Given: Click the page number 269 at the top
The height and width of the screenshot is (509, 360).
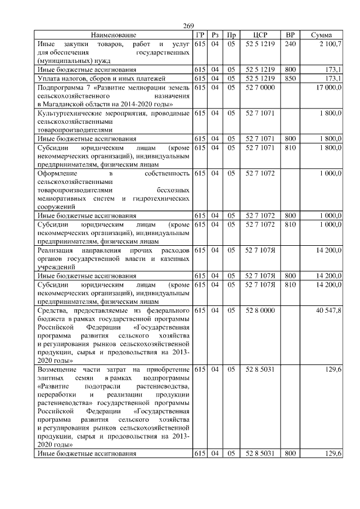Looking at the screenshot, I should coord(188,26).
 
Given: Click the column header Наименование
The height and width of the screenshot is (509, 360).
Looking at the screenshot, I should coord(113,35).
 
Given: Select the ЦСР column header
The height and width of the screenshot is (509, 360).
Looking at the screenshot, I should coord(260,35).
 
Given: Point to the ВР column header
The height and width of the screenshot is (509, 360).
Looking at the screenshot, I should coord(290,35).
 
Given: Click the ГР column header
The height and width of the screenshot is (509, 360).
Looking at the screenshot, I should coord(199,35).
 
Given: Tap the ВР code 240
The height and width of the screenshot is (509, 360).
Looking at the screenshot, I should coord(290,43).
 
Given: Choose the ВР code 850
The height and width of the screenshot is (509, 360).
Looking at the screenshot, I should coord(290,78).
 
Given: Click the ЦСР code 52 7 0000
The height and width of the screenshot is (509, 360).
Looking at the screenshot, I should coord(260,88).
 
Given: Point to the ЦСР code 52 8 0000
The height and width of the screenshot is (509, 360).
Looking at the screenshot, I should coord(260,310).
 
